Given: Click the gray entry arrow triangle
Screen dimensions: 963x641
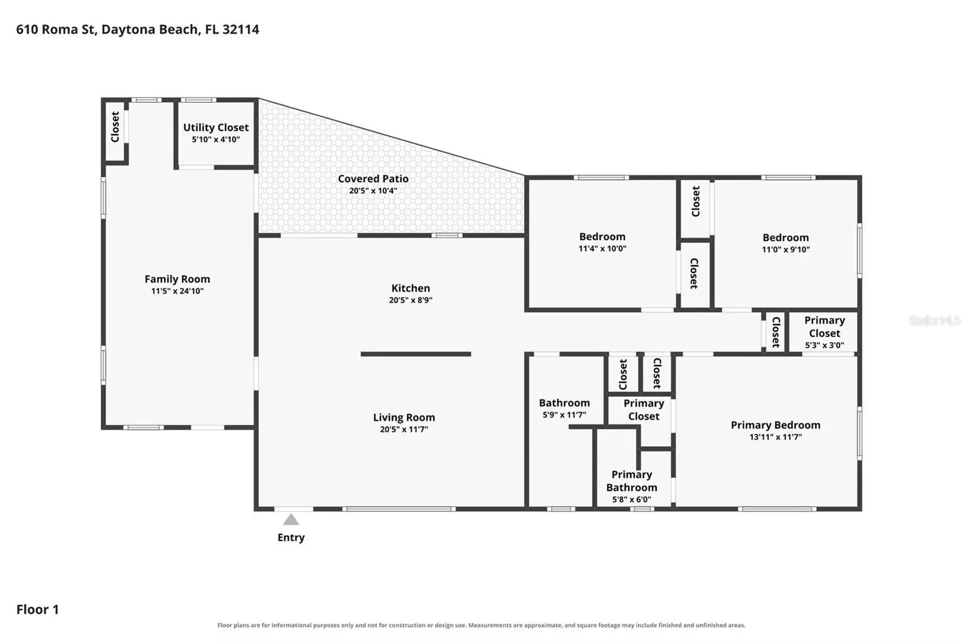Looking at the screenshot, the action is pos(291,520).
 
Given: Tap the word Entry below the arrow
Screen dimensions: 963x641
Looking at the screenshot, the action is pos(291,538).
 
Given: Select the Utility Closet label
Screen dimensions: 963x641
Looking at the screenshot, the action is pos(216,127).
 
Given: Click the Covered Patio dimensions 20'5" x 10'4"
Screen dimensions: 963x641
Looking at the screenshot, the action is pos(373,191).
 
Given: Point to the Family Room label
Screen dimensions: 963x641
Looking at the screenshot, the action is pos(177,279).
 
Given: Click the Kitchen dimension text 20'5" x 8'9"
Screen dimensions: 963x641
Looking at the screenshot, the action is pos(410,300).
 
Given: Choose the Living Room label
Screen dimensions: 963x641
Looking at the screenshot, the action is pos(404,417).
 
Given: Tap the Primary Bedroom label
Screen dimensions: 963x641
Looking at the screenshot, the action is pos(776,425).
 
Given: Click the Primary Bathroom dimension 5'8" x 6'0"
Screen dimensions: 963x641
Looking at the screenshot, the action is pos(631,499).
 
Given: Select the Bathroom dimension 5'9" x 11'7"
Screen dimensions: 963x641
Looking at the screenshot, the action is pos(565,414).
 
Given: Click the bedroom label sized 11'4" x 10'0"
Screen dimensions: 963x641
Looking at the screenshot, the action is pos(602,237).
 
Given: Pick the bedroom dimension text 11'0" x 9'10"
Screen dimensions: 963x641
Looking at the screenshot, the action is pos(786,249).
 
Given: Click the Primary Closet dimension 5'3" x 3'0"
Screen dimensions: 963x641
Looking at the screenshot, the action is pos(825,345).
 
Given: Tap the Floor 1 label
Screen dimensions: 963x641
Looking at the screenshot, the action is pos(37,610).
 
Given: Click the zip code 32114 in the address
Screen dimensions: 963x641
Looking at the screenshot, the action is pos(241,29).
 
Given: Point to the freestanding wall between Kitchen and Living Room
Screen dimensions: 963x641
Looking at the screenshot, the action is pos(416,354).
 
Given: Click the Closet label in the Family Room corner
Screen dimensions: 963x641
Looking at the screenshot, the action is pos(115,127).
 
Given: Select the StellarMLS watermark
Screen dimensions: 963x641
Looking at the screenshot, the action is pos(935,320).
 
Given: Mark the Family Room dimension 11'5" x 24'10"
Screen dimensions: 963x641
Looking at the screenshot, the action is pos(177,291).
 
